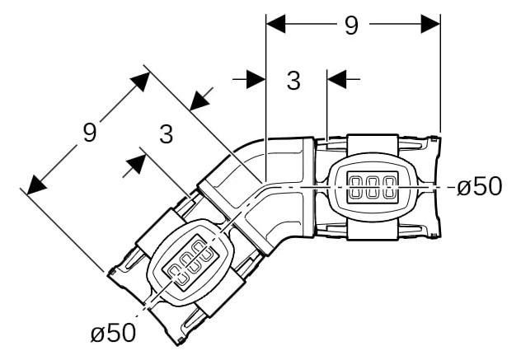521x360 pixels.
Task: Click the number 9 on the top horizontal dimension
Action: pos(351,26)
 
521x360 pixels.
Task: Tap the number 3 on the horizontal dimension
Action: pos(293,81)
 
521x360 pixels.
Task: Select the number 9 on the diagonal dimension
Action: pos(90,132)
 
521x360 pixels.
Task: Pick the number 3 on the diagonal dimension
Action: pos(167,134)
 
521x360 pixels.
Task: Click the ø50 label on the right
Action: pos(479,186)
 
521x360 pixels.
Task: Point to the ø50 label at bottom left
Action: pos(113,333)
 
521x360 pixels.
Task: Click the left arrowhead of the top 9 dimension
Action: pos(276,24)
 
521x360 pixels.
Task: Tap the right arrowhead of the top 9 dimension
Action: pos(430,24)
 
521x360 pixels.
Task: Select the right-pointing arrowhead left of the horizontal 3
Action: pos(256,79)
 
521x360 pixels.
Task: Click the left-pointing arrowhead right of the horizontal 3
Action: pos(337,79)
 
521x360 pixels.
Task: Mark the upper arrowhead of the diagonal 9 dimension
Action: pos(141,81)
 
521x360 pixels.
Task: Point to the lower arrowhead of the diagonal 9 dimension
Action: pos(36,185)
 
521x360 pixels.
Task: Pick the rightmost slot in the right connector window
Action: pos(388,187)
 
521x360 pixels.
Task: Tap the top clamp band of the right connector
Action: pos(373,143)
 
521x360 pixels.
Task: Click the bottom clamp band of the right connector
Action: pos(373,231)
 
